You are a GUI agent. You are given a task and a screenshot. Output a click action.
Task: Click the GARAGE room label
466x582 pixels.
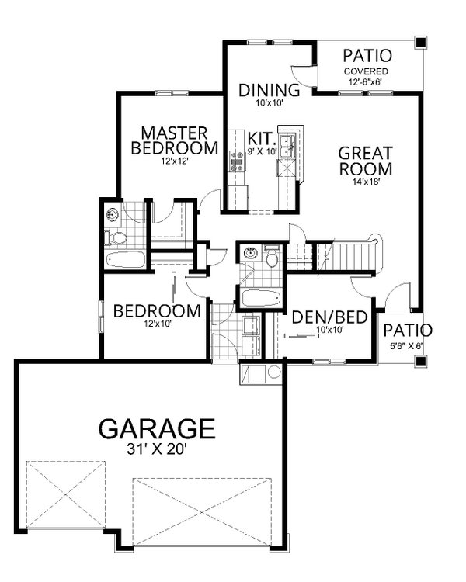point(156,428)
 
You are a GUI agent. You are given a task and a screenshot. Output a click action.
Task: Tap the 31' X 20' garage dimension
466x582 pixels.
point(156,449)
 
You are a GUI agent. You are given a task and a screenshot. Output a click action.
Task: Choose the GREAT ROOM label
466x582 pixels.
point(365,160)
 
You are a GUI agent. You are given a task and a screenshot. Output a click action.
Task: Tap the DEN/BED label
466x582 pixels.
point(318,317)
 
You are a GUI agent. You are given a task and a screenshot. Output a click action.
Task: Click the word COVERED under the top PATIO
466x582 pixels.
point(367,72)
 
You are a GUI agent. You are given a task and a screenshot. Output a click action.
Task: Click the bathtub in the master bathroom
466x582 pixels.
point(125,259)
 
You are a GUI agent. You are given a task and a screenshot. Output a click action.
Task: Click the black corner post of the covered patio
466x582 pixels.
point(420,42)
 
